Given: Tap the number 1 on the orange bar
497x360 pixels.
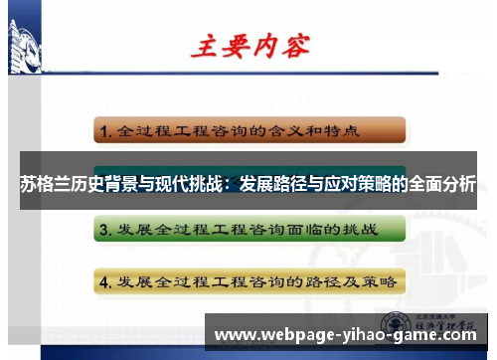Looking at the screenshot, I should [103, 130].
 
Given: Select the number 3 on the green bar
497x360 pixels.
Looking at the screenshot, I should [103, 231].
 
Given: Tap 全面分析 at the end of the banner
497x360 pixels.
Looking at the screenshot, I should [441, 185].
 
